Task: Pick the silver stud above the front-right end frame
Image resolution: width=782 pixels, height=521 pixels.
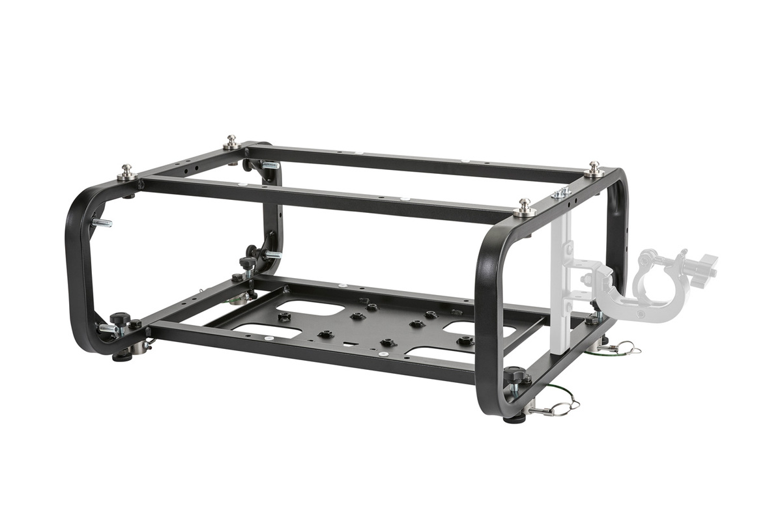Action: (524, 208)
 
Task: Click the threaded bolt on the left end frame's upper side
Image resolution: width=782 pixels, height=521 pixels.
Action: (101, 223)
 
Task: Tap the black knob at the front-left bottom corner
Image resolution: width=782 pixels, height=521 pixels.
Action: (120, 319)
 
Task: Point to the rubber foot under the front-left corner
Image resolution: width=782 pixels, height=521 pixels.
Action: (122, 356)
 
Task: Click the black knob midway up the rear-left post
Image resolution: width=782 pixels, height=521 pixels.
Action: (248, 263)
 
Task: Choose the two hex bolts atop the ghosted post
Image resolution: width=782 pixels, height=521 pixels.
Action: (561, 192)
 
